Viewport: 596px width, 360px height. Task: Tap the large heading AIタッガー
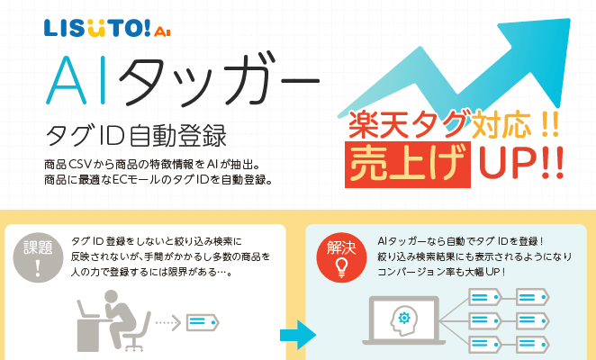(183, 79)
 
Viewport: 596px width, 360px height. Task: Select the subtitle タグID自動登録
(136, 136)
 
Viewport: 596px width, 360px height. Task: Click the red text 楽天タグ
(408, 125)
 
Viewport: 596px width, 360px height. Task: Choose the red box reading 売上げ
(408, 164)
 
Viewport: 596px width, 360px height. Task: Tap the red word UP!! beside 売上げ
(520, 163)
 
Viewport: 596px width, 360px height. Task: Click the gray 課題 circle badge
(38, 257)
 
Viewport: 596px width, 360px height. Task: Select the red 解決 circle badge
(341, 257)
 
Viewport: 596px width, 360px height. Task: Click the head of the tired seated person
(111, 297)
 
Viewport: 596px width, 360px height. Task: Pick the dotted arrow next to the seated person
(167, 323)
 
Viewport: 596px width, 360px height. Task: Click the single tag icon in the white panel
(203, 323)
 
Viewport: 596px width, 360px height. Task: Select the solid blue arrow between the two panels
(298, 335)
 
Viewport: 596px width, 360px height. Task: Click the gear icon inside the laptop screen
(404, 318)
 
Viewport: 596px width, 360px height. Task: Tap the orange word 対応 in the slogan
(501, 124)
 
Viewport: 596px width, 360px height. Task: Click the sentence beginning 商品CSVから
(152, 165)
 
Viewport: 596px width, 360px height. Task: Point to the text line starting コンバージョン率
(441, 272)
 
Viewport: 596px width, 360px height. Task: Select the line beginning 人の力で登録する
(151, 272)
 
